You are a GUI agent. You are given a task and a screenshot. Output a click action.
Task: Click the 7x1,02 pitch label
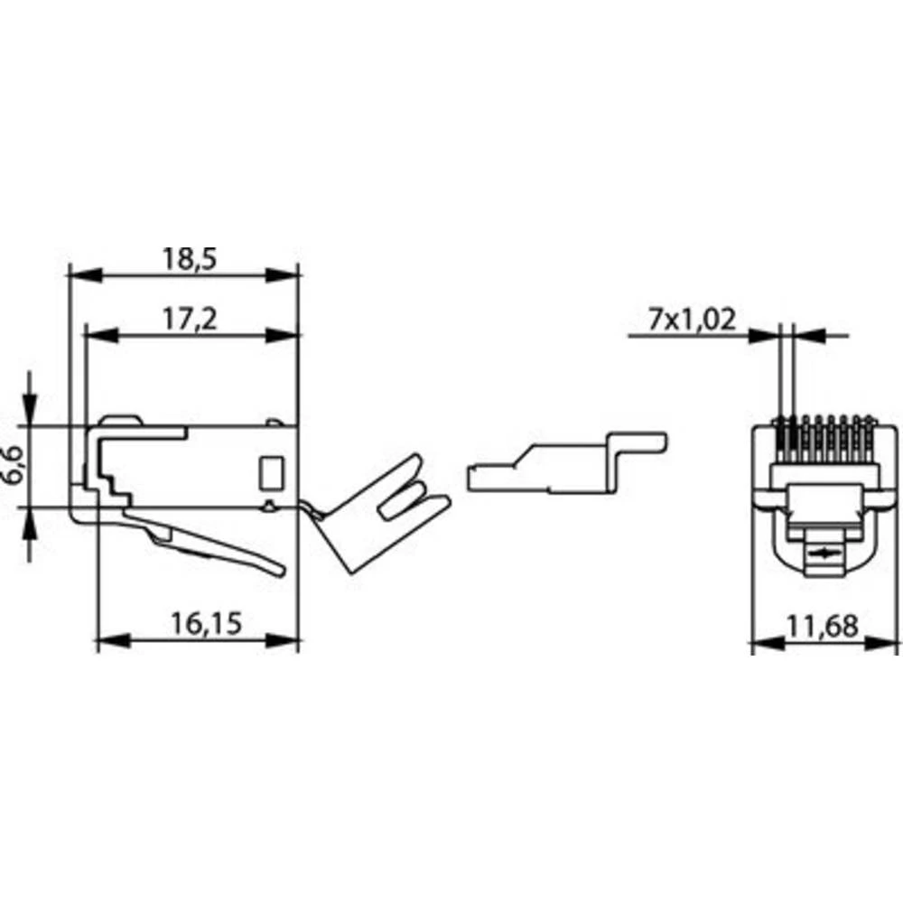point(693,320)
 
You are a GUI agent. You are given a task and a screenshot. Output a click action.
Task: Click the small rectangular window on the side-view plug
point(270,472)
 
